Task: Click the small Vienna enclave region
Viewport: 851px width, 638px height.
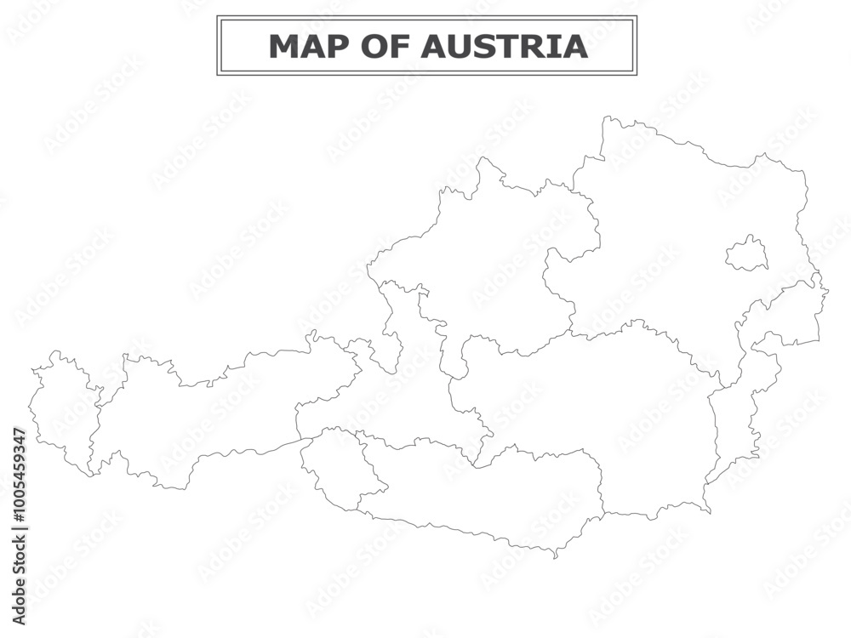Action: coord(746,253)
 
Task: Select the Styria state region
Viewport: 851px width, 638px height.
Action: coord(596,408)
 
